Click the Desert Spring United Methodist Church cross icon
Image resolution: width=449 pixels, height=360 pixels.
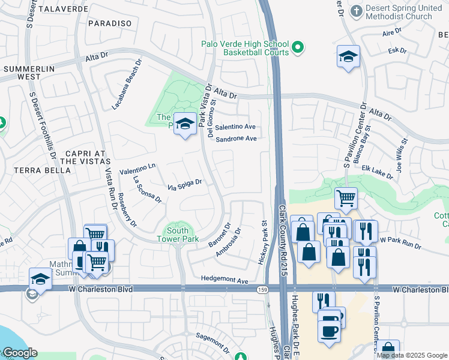click(357, 11)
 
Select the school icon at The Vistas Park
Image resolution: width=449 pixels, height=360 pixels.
click(185, 124)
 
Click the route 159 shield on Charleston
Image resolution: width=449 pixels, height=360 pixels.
click(262, 290)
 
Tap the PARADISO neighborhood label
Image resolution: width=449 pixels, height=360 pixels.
click(109, 23)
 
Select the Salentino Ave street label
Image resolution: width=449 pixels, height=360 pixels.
click(236, 127)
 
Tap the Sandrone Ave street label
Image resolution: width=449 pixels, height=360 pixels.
click(236, 139)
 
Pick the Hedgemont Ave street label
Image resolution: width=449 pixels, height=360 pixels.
click(224, 280)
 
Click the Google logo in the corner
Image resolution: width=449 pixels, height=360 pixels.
click(19, 353)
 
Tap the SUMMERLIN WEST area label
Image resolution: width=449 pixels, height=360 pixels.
click(29, 73)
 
